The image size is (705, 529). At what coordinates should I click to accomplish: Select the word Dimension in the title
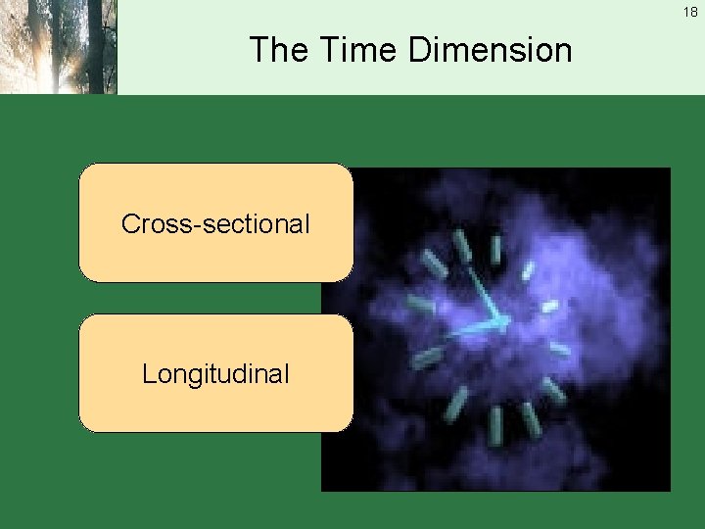point(490,49)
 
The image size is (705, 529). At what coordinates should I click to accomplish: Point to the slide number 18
point(691,12)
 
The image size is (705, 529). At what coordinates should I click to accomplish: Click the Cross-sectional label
point(215,223)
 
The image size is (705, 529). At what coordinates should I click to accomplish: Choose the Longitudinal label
point(215,373)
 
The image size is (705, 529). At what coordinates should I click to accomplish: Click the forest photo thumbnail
point(58,46)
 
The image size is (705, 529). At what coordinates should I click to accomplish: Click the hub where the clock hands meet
point(500,322)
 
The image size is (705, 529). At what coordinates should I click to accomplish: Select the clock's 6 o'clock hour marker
point(495,423)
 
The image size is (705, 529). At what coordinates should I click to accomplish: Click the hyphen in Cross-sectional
point(199,225)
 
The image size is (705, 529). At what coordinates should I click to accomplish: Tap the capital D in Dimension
point(420,49)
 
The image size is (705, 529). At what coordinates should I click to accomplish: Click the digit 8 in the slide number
point(695,12)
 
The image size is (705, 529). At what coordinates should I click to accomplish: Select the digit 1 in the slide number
point(687,12)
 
